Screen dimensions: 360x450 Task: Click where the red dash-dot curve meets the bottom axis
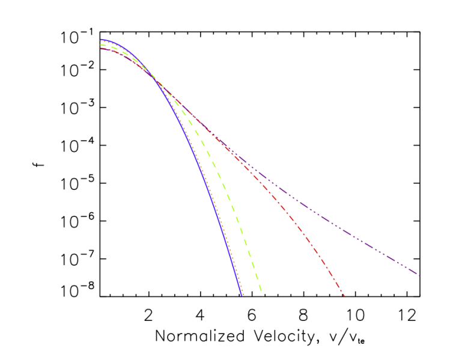(343, 296)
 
